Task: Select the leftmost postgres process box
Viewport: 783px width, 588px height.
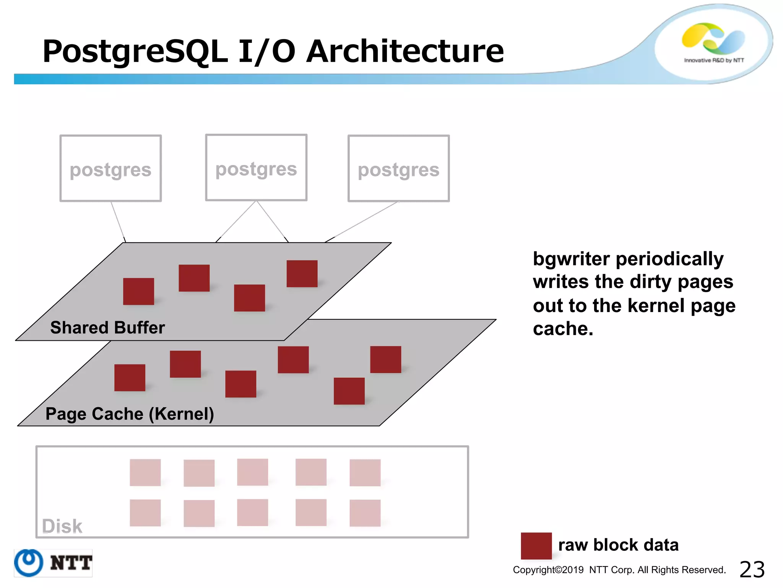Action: click(x=110, y=168)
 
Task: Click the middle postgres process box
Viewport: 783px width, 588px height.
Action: click(x=256, y=168)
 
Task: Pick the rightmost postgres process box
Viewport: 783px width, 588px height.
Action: click(x=398, y=168)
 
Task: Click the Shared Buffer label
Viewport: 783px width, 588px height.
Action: click(x=107, y=328)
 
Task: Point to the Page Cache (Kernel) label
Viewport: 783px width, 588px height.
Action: click(x=130, y=414)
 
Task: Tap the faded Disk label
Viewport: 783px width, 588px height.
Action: click(x=62, y=526)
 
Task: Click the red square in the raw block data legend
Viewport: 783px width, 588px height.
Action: click(x=536, y=546)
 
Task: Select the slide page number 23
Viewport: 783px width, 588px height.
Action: click(x=752, y=569)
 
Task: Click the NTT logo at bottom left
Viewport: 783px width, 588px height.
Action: click(x=53, y=563)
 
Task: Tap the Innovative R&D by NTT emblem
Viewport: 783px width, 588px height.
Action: click(x=713, y=43)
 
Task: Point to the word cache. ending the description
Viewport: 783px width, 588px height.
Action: click(x=563, y=329)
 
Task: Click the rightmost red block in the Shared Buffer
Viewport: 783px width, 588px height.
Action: click(x=302, y=274)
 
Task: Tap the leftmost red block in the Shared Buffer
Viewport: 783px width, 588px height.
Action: click(x=138, y=291)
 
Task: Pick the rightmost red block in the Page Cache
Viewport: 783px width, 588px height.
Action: click(x=385, y=359)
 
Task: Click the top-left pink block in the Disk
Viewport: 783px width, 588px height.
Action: click(x=145, y=472)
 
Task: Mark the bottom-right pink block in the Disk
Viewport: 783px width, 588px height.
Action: click(x=365, y=513)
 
